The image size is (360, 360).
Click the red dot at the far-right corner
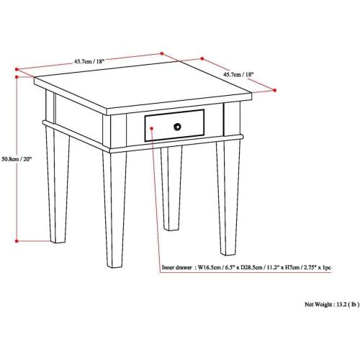(x=276, y=90)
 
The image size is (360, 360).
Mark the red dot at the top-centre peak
(x=162, y=52)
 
